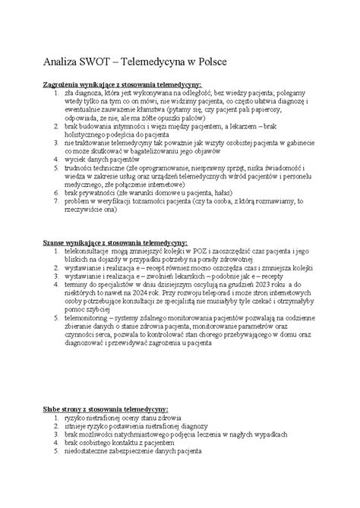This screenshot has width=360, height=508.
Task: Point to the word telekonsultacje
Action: pyautogui.click(x=88, y=250)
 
